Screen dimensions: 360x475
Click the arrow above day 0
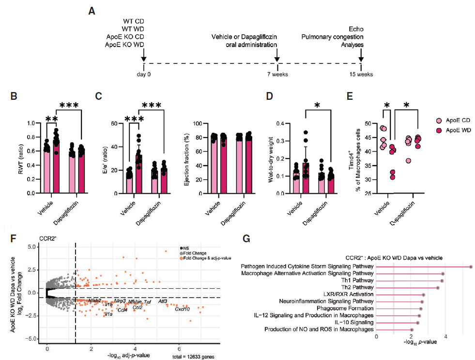(143, 57)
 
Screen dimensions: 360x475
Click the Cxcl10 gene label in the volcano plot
(183, 309)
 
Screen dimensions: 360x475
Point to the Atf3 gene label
(163, 301)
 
